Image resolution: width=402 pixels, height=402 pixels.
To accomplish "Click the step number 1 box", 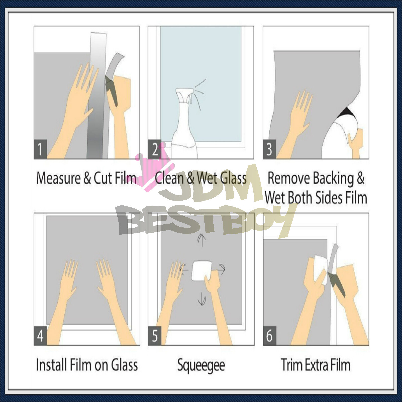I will [x=40, y=149].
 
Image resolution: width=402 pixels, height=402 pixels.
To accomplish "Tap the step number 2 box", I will [x=154, y=149].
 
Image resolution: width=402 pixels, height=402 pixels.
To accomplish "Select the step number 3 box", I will [x=269, y=149].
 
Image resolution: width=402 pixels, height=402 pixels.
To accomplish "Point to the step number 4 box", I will [x=40, y=336].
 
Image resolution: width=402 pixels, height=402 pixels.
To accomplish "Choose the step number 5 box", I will [x=155, y=336].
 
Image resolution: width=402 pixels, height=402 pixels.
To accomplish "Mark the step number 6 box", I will [x=269, y=336].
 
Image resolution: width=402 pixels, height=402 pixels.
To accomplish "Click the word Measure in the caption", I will [x=59, y=178].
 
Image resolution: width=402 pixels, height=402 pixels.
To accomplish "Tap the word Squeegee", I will [x=201, y=365].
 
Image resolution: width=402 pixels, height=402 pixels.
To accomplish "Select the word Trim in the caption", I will [x=292, y=365].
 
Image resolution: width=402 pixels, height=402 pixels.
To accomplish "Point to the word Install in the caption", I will [x=52, y=365].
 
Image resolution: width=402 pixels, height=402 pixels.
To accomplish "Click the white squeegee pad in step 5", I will [x=201, y=270].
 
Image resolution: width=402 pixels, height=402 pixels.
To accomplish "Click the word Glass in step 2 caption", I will [x=234, y=178].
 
